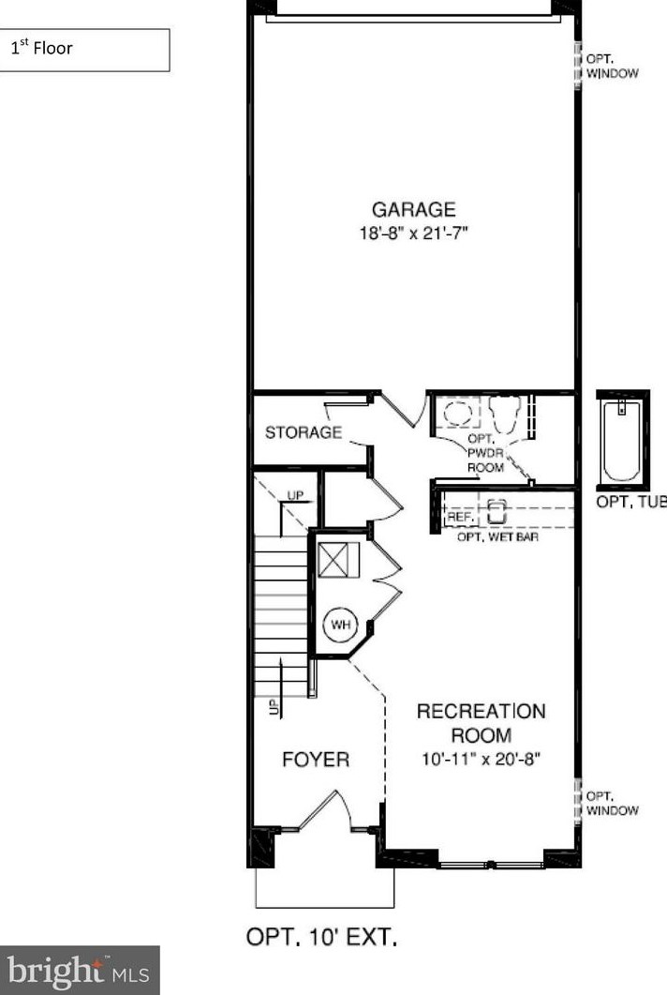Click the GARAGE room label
[x=413, y=210]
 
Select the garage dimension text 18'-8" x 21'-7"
[x=413, y=233]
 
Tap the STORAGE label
[x=304, y=432]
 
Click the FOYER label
[x=316, y=760]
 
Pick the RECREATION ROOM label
[x=481, y=723]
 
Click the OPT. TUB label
[x=630, y=502]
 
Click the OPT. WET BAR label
[x=497, y=537]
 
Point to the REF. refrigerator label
[x=459, y=517]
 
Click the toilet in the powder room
[x=505, y=414]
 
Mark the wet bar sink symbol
[x=496, y=512]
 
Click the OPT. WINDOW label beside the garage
[x=612, y=66]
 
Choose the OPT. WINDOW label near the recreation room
[x=612, y=804]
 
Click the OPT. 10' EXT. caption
[x=321, y=938]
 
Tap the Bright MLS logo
[x=79, y=969]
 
